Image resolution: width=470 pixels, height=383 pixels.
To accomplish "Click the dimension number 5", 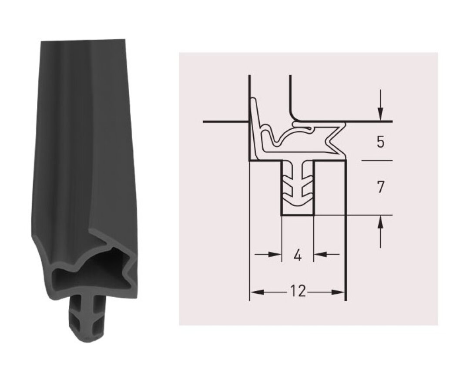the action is point(380,141).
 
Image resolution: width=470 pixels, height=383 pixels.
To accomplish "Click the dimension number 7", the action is point(380,187).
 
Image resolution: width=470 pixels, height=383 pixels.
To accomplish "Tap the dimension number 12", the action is point(298,291).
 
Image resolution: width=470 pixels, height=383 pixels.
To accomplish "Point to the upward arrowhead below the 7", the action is point(380,222).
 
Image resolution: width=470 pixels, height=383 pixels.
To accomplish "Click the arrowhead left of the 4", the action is point(275,255).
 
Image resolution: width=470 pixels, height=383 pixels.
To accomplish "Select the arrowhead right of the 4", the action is point(320,255).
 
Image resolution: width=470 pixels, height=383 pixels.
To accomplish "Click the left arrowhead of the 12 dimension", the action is point(257,292).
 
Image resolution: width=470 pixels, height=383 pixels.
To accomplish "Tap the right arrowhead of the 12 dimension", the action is point(338,292).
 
